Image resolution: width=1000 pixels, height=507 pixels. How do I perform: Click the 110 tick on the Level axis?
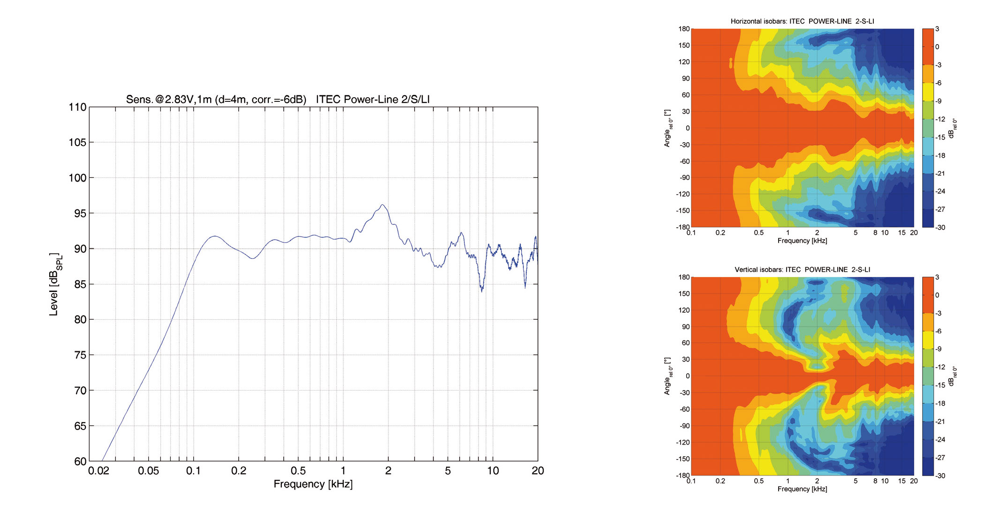pyautogui.click(x=78, y=107)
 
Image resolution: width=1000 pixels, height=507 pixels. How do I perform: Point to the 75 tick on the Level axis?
pyautogui.click(x=80, y=355)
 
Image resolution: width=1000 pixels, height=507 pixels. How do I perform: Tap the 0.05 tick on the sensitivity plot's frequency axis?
pyautogui.click(x=148, y=471)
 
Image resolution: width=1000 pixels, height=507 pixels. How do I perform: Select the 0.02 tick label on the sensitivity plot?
pyautogui.click(x=98, y=471)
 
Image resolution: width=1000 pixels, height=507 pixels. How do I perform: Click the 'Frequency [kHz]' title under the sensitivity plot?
pyautogui.click(x=313, y=484)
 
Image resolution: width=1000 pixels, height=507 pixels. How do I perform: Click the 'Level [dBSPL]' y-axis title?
pyautogui.click(x=55, y=284)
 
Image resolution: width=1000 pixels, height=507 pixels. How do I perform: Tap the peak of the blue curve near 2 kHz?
pyautogui.click(x=383, y=205)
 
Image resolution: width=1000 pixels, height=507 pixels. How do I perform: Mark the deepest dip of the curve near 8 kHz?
pyautogui.click(x=482, y=291)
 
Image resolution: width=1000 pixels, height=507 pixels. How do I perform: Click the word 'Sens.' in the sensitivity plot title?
pyautogui.click(x=139, y=100)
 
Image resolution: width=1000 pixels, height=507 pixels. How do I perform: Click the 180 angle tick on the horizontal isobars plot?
pyautogui.click(x=684, y=29)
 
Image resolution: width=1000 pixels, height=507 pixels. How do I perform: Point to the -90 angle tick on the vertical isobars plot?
pyautogui.click(x=683, y=426)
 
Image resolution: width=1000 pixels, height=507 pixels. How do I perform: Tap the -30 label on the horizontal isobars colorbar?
pyautogui.click(x=940, y=227)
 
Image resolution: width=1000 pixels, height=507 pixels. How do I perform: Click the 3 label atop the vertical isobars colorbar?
pyautogui.click(x=937, y=277)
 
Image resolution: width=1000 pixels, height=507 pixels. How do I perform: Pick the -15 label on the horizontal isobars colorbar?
pyautogui.click(x=940, y=137)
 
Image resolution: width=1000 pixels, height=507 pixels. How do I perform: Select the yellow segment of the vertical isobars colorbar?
pyautogui.click(x=927, y=340)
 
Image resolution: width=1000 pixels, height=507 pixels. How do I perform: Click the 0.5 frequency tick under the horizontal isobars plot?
pyautogui.click(x=758, y=232)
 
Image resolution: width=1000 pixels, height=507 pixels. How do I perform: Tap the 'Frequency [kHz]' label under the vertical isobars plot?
pyautogui.click(x=802, y=489)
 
